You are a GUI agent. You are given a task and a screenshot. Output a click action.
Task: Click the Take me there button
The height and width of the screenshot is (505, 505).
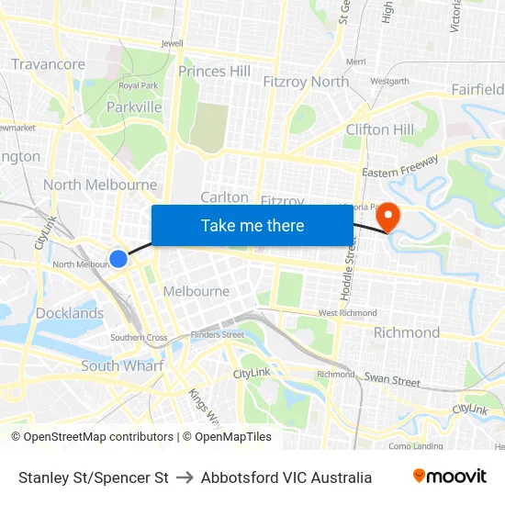252,226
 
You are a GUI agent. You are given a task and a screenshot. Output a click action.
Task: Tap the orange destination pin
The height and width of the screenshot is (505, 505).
389,217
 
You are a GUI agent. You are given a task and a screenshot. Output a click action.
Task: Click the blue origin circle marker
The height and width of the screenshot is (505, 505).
118,259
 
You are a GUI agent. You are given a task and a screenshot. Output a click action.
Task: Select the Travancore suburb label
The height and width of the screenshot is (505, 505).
48,64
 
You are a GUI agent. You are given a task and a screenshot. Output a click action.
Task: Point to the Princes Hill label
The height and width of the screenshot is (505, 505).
214,71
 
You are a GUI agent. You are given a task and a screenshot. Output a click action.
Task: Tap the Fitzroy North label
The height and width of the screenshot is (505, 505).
306,82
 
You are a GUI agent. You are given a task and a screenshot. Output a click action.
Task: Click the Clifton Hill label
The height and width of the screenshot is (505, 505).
379,129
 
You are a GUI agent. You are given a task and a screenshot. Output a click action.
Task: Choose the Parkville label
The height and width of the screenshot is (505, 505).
134,107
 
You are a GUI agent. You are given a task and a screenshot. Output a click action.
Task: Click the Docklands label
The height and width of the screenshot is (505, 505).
70,313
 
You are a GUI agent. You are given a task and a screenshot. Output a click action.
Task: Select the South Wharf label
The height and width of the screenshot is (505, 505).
122,365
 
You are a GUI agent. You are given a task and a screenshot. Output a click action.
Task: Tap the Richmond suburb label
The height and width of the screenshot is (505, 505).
406,332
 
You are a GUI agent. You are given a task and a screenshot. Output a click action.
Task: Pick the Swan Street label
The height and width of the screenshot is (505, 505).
392,379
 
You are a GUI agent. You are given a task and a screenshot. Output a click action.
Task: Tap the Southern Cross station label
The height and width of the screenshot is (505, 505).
139,338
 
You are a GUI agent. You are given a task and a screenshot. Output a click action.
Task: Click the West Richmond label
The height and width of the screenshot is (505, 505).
347,313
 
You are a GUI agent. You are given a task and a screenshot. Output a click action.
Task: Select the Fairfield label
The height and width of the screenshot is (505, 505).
477,89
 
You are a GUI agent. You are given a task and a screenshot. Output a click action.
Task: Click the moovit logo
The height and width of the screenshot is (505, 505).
450,477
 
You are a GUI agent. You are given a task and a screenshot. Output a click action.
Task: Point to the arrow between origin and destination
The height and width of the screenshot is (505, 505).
185,477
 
